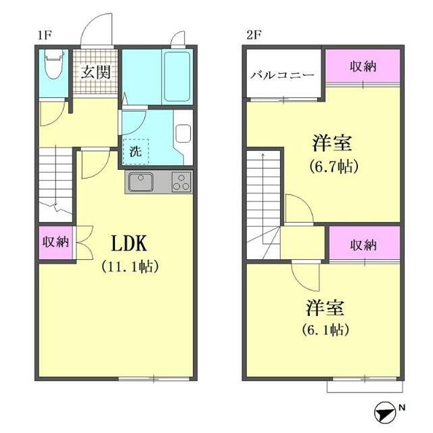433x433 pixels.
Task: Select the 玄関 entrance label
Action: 95,72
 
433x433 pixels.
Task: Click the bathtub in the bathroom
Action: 177,76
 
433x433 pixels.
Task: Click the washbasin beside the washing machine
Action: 183,133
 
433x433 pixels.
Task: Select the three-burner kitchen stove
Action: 181,182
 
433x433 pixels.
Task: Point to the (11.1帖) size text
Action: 130,267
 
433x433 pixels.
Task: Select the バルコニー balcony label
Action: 282,74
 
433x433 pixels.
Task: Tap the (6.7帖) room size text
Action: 334,165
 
